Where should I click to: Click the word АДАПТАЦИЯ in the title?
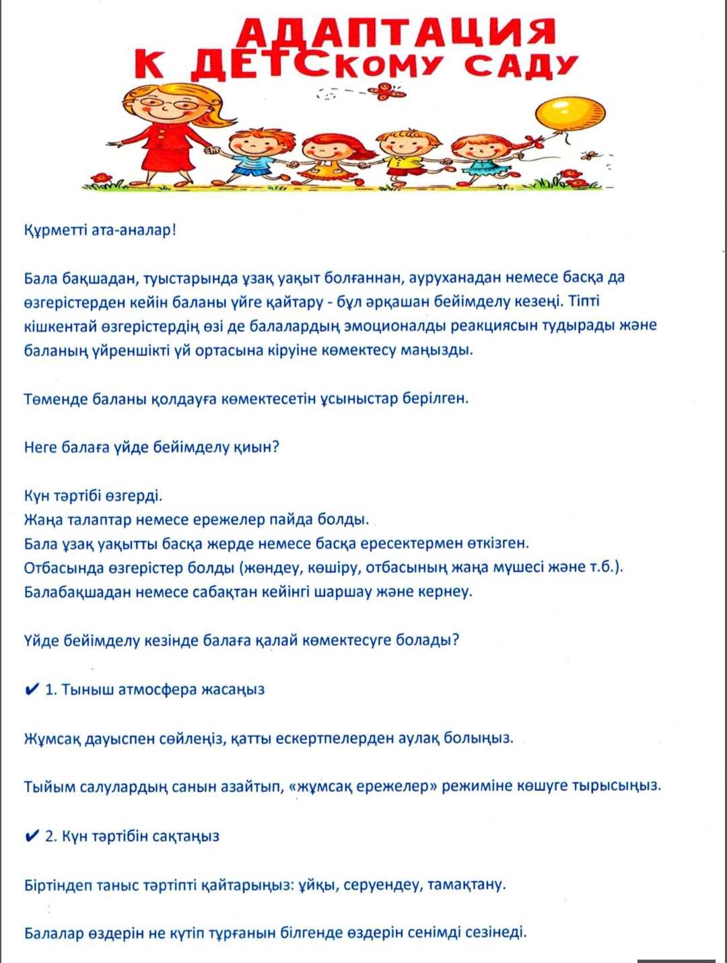click(397, 32)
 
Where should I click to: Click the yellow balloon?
click(569, 114)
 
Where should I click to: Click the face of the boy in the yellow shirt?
click(402, 145)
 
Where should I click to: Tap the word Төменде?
click(57, 399)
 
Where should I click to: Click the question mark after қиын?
click(275, 448)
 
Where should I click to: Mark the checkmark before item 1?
click(31, 689)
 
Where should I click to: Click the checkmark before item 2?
click(31, 836)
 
